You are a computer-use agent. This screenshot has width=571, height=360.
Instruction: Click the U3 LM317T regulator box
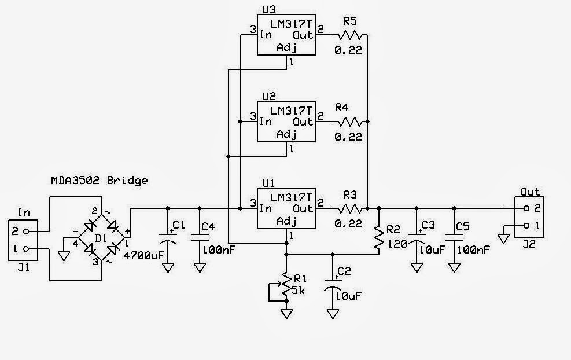coord(286,34)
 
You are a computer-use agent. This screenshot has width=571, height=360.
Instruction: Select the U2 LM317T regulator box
coord(286,121)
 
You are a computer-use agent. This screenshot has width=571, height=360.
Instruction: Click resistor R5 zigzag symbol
coord(351,35)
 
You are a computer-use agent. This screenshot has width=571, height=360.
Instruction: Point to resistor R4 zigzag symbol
coord(351,122)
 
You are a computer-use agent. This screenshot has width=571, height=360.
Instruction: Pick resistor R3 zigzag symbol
coord(351,208)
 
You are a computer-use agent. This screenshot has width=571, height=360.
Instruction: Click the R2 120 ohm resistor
coord(378,238)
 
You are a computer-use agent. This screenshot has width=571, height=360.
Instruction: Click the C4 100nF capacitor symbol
coord(200,235)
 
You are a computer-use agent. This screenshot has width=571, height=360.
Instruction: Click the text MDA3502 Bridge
coord(98,181)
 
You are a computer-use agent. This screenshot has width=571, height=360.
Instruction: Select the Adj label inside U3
coord(286,47)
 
